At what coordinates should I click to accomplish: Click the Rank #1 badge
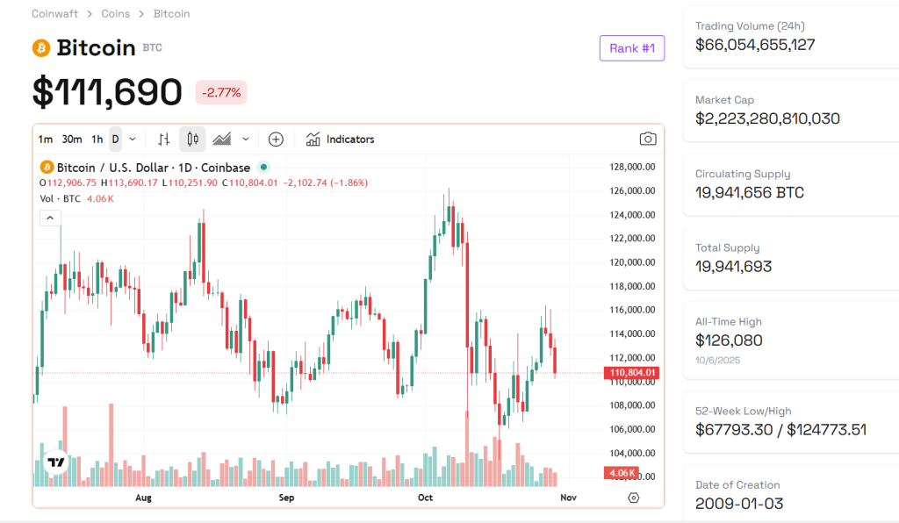(x=631, y=48)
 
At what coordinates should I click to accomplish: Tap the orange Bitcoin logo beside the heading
(x=41, y=48)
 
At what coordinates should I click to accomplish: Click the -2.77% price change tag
(x=221, y=92)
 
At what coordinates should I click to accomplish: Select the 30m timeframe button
(x=72, y=139)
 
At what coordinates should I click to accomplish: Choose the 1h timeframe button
(x=97, y=139)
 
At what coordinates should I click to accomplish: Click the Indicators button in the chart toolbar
(x=340, y=139)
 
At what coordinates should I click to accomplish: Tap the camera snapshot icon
(x=648, y=139)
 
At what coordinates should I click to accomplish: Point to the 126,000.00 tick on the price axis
(x=633, y=190)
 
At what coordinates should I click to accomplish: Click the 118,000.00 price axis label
(x=633, y=286)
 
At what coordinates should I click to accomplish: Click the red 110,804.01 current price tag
(x=633, y=373)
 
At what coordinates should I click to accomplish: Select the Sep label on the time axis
(x=286, y=498)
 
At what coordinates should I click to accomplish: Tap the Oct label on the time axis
(x=426, y=498)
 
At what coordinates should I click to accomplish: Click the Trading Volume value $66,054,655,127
(x=755, y=45)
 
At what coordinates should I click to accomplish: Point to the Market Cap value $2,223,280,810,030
(x=767, y=118)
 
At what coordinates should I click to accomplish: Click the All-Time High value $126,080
(x=729, y=340)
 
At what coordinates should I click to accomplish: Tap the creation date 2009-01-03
(x=739, y=504)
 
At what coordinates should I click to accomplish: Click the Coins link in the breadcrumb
(x=116, y=14)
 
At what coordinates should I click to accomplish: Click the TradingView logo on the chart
(x=56, y=462)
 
